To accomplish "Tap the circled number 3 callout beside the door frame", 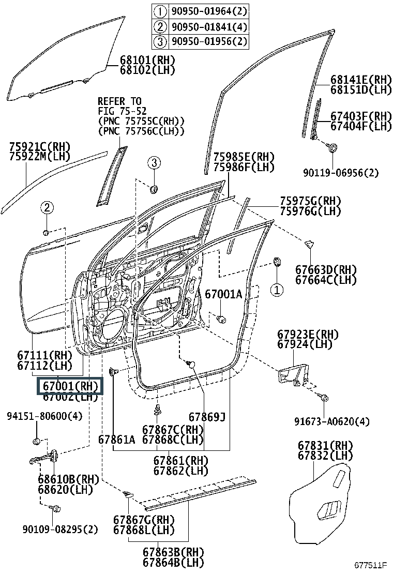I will pyautogui.click(x=153, y=163).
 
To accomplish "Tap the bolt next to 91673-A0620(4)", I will pyautogui.click(x=324, y=398).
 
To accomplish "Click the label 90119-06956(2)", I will pyautogui.click(x=341, y=173).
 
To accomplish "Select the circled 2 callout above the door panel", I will pyautogui.click(x=47, y=208).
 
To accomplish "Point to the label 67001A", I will pyautogui.click(x=223, y=294).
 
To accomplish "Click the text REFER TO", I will pyautogui.click(x=119, y=101).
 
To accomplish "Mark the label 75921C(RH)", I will pyautogui.click(x=40, y=147).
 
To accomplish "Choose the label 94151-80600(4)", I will pyautogui.click(x=44, y=416).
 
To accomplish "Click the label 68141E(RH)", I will pyautogui.click(x=361, y=80).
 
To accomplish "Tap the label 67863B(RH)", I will pyautogui.click(x=173, y=552).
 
